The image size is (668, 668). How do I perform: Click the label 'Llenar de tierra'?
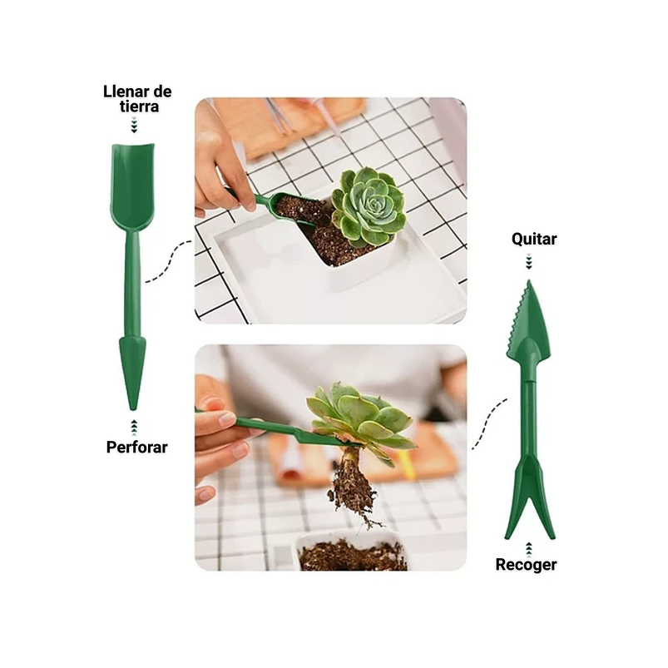click(137, 98)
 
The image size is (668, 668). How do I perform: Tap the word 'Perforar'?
click(137, 448)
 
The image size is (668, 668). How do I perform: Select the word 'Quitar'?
click(534, 240)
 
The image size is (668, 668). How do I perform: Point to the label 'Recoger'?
click(527, 565)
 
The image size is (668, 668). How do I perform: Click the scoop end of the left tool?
click(132, 187)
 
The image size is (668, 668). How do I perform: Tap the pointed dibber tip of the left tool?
click(132, 374)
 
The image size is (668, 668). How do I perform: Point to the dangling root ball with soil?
click(351, 487)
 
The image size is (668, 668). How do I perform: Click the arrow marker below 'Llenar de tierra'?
click(132, 125)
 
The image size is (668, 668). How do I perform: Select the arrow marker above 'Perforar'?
click(133, 428)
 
